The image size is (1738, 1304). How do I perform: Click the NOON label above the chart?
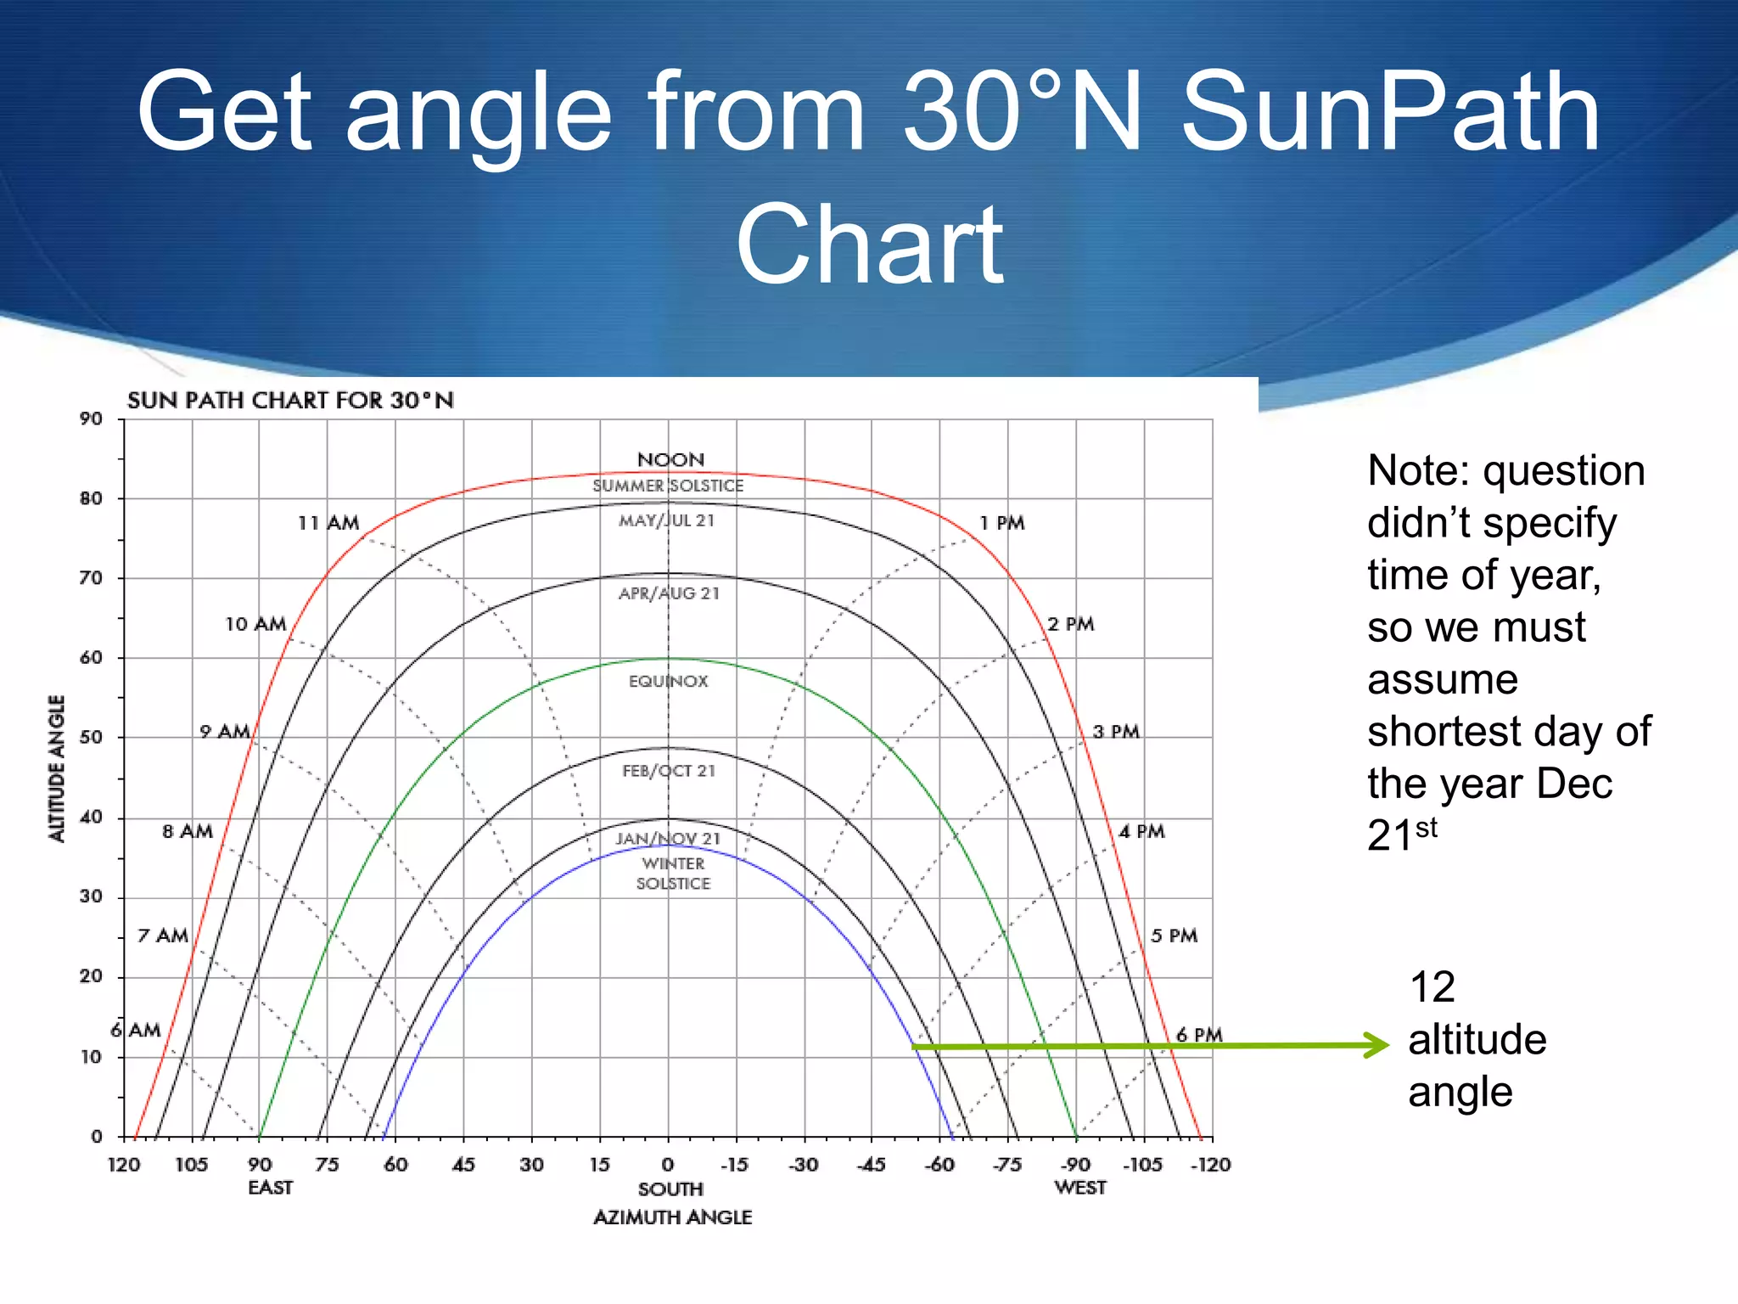point(670,460)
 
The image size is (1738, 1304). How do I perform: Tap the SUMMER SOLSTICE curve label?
point(668,486)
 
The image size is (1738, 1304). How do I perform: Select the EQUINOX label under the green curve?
point(668,681)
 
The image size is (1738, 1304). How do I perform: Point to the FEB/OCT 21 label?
point(669,771)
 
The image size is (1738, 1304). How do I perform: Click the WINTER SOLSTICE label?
point(673,874)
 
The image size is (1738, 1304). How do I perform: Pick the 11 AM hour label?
point(328,523)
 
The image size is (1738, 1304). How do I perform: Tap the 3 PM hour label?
point(1115,732)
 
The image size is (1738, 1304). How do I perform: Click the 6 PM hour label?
point(1198,1035)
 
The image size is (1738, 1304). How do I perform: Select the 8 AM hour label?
point(188,831)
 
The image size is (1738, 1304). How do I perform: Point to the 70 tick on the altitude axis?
point(91,578)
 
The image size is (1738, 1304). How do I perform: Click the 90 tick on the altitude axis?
point(91,419)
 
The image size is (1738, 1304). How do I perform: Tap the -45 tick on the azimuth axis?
point(872,1165)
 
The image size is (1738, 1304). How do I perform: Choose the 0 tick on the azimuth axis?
point(668,1165)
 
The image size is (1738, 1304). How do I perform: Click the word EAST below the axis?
point(270,1188)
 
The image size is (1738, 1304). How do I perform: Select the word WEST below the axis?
point(1079,1188)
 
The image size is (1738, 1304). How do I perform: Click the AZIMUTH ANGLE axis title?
point(672,1217)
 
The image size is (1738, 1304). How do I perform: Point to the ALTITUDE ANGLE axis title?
point(57,768)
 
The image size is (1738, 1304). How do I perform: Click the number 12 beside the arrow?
point(1432,987)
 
